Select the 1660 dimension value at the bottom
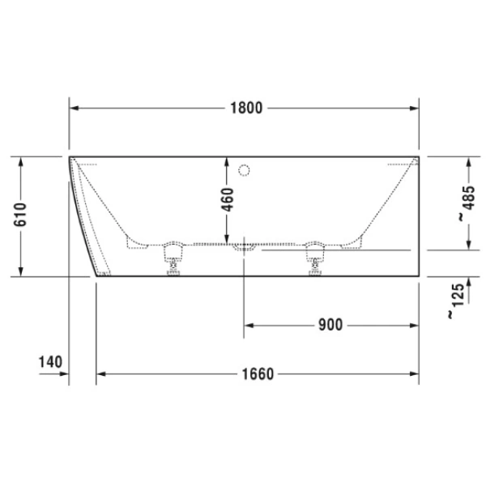click(x=256, y=373)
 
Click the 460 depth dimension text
click(x=227, y=198)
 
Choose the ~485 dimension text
click(x=462, y=205)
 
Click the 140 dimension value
click(x=49, y=361)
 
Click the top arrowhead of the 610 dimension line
click(x=22, y=160)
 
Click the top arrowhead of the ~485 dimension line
click(x=470, y=160)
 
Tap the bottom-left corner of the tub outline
click(x=97, y=275)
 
